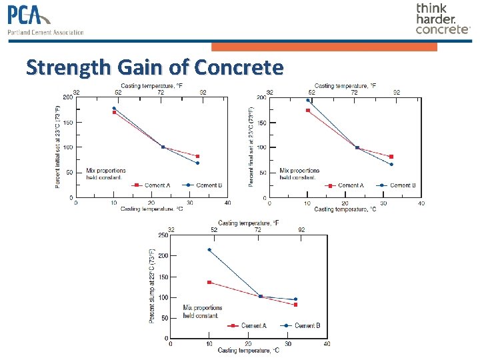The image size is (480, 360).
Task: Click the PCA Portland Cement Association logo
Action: pyautogui.click(x=45, y=21)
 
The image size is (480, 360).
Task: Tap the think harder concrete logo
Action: pyautogui.click(x=442, y=19)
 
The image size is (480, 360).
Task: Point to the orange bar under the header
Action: pyautogui.click(x=324, y=47)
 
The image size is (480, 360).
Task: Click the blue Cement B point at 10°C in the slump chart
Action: pyautogui.click(x=209, y=250)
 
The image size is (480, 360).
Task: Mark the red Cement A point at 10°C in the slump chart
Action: pyautogui.click(x=209, y=282)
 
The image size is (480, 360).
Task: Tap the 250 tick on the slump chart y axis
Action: pyautogui.click(x=163, y=235)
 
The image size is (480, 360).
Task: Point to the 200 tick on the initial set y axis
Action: pyautogui.click(x=68, y=97)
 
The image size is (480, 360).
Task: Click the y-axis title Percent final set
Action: pyautogui.click(x=251, y=147)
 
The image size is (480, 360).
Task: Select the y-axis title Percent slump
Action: pyautogui.click(x=152, y=287)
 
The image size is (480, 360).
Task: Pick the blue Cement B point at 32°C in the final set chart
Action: pyautogui.click(x=391, y=164)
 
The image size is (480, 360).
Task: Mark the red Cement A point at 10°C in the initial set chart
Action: pyautogui.click(x=114, y=113)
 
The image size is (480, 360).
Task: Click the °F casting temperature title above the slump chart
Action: pyautogui.click(x=248, y=223)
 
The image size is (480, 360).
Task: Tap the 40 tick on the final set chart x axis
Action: pyautogui.click(x=421, y=203)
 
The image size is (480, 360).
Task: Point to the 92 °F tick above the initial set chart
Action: pyautogui.click(x=203, y=92)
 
